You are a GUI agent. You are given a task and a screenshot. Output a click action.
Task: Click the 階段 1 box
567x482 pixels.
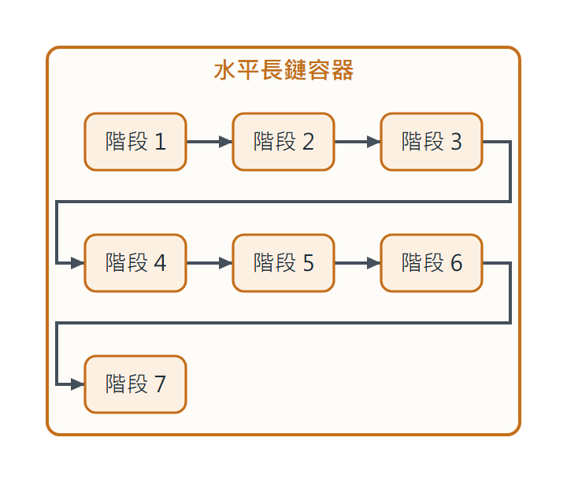tap(135, 142)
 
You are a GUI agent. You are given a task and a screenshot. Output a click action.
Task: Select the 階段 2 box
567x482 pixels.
tap(283, 142)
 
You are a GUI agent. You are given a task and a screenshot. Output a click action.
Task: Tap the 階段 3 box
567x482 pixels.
tap(432, 142)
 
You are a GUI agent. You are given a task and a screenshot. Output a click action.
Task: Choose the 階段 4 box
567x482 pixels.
tap(135, 263)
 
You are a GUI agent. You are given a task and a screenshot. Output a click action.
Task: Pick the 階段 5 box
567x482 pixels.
tap(283, 263)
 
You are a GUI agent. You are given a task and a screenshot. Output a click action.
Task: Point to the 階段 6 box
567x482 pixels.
tap(432, 263)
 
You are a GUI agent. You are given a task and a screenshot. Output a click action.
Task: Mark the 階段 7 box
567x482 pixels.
tap(135, 384)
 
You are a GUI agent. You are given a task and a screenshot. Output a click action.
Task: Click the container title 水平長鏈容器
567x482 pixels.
tap(283, 70)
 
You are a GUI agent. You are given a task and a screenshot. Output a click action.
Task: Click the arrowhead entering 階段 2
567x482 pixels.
tap(226, 142)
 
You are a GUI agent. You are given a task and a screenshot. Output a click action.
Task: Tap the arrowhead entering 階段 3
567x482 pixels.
tap(374, 142)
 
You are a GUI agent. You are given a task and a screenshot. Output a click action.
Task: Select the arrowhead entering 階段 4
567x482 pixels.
tap(78, 263)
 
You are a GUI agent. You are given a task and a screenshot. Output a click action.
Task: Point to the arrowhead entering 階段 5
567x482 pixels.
tap(226, 263)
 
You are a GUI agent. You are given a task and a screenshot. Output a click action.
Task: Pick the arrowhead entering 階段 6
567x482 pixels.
tap(374, 263)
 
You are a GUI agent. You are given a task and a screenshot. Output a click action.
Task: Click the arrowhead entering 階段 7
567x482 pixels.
tap(78, 384)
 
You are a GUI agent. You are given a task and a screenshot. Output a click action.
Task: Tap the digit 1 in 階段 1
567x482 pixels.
tap(161, 142)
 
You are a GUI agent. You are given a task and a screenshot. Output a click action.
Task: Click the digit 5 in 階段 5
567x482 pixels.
tap(309, 263)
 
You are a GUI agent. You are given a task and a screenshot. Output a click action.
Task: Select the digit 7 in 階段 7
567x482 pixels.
tap(161, 384)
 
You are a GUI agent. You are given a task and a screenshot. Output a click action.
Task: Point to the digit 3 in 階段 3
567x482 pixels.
tap(456, 142)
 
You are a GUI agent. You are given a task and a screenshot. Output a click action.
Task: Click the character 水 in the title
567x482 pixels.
tap(225, 70)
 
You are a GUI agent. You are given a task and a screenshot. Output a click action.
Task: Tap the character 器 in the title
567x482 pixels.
tap(342, 70)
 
